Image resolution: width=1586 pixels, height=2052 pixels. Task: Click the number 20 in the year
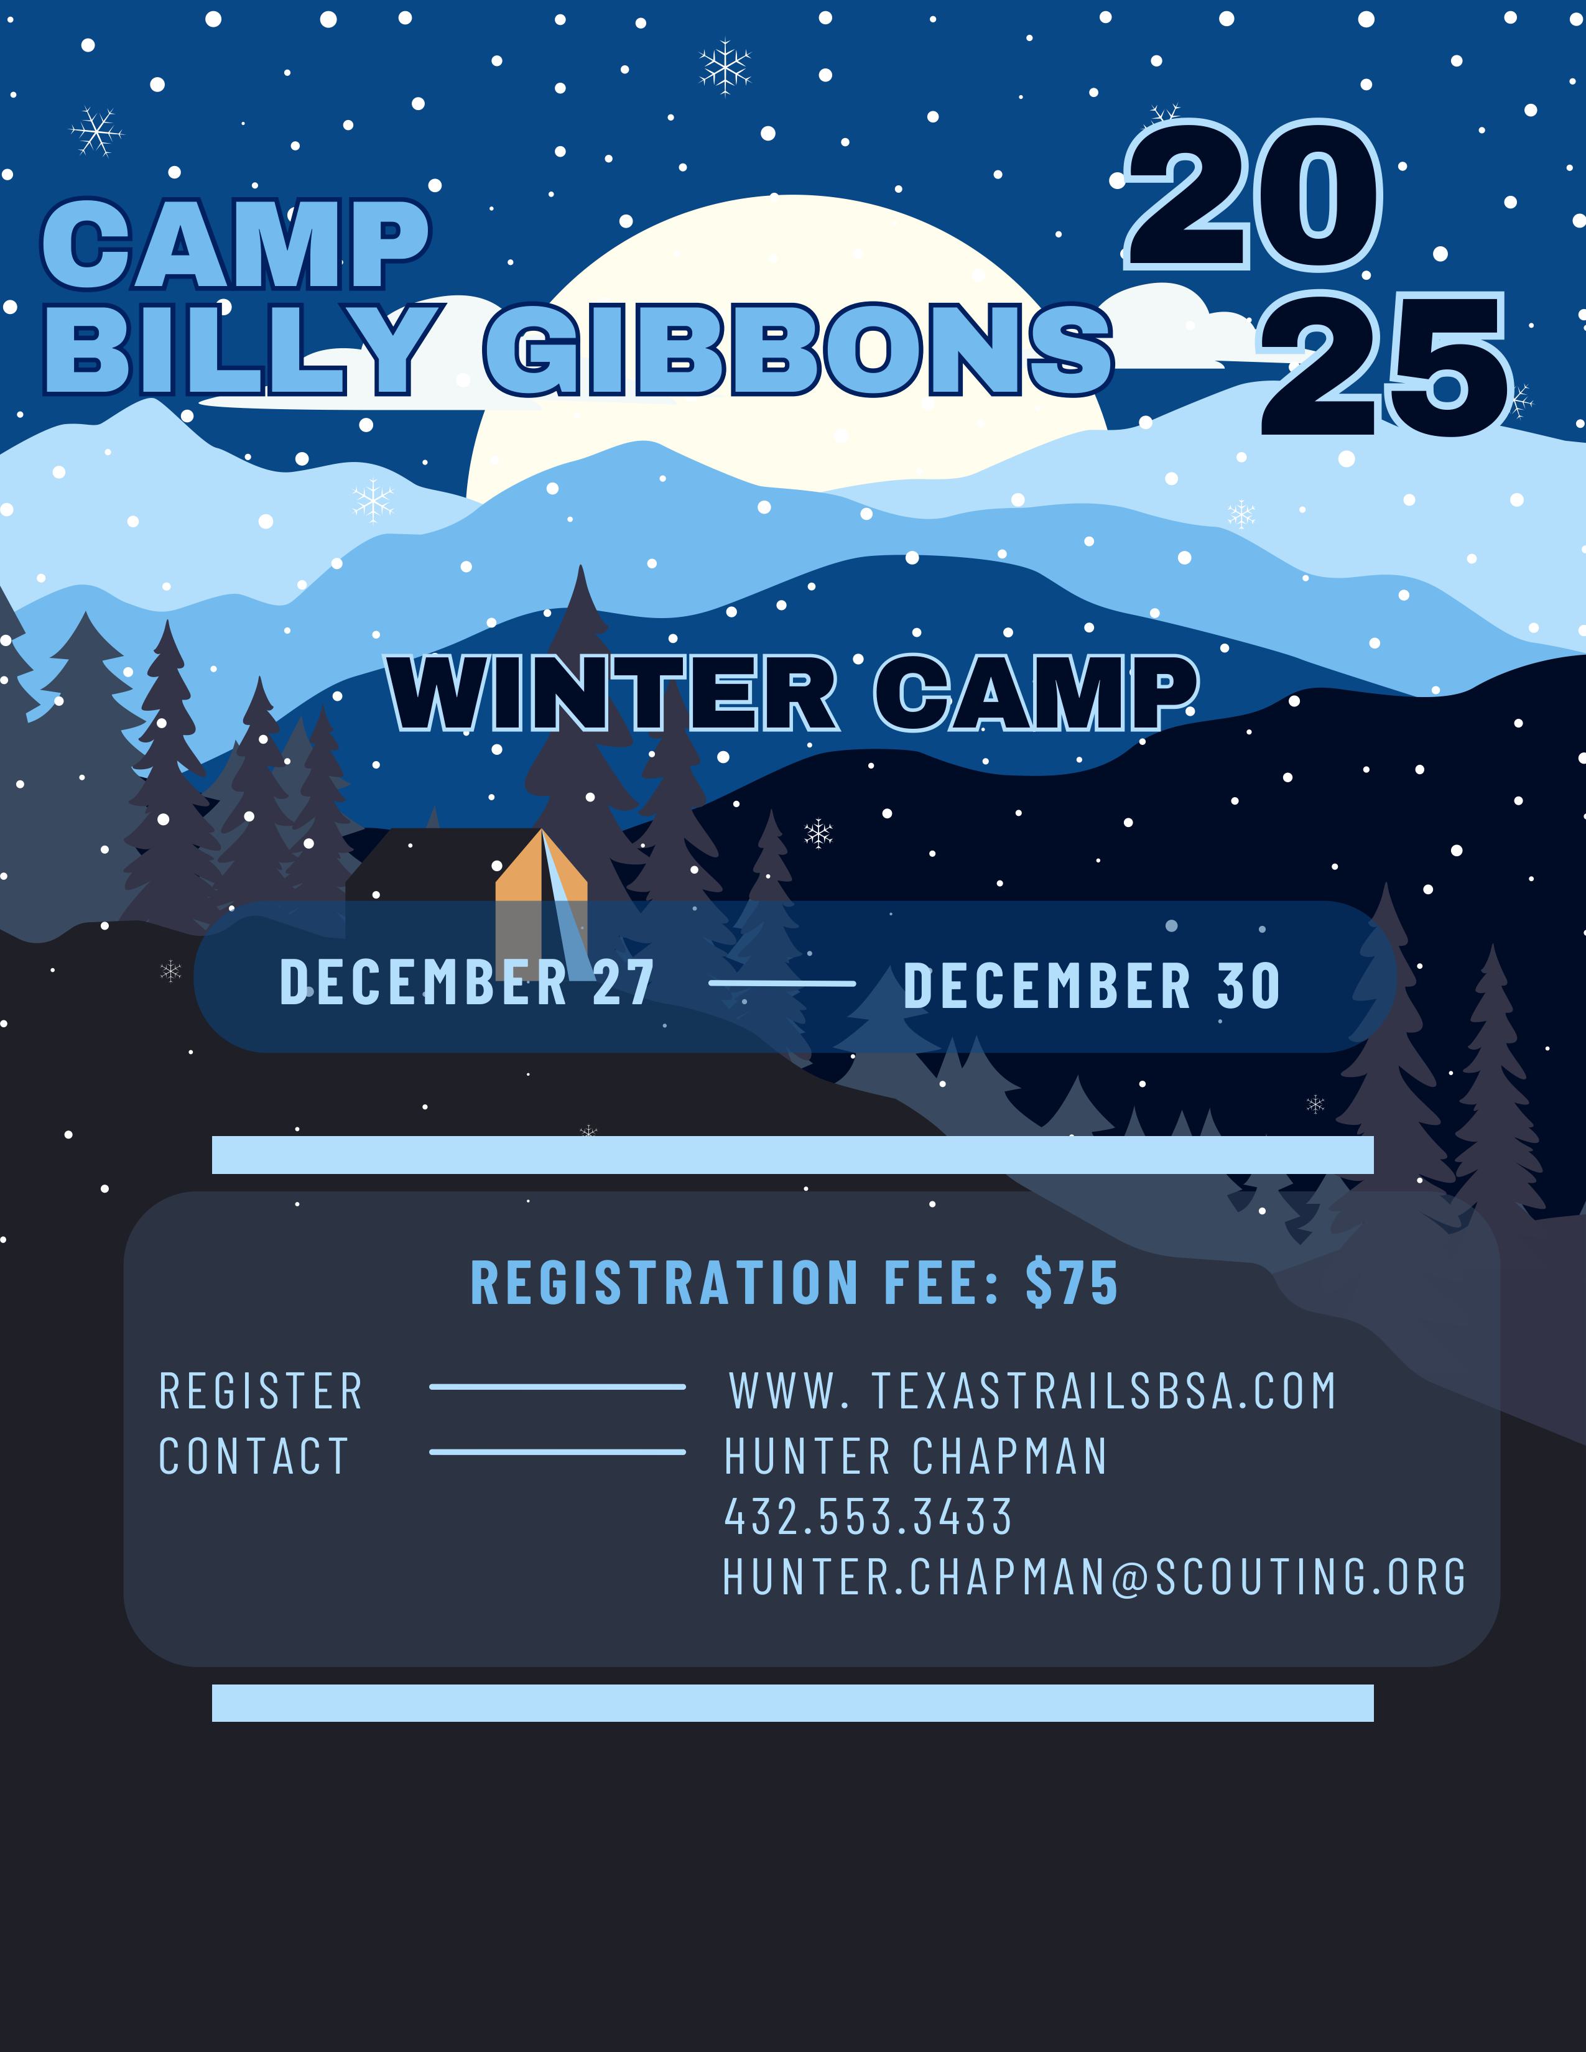tap(1253, 196)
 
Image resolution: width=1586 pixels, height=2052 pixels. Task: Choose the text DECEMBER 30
tap(1092, 986)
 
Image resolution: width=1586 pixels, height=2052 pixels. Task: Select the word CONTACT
tap(254, 1456)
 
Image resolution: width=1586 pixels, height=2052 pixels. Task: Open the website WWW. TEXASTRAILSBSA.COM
tap(1032, 1392)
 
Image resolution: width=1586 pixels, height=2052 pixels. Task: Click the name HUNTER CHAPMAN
tap(916, 1456)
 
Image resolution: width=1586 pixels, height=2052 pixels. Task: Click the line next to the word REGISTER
tap(557, 1387)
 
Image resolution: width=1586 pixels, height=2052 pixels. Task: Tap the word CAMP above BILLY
tap(236, 245)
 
